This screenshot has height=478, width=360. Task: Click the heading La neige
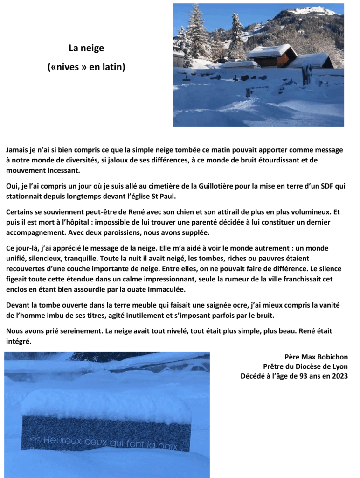click(x=86, y=48)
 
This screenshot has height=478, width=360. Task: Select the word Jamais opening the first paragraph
click(x=18, y=150)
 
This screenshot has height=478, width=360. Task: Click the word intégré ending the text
click(x=20, y=341)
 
